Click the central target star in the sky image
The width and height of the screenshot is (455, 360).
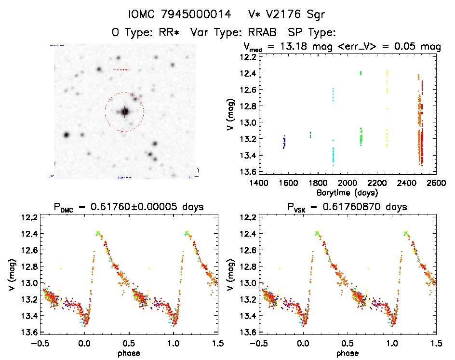pos(125,112)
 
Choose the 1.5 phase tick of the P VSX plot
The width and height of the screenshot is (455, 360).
pos(436,343)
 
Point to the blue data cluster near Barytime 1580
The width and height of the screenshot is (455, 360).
pos(284,142)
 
